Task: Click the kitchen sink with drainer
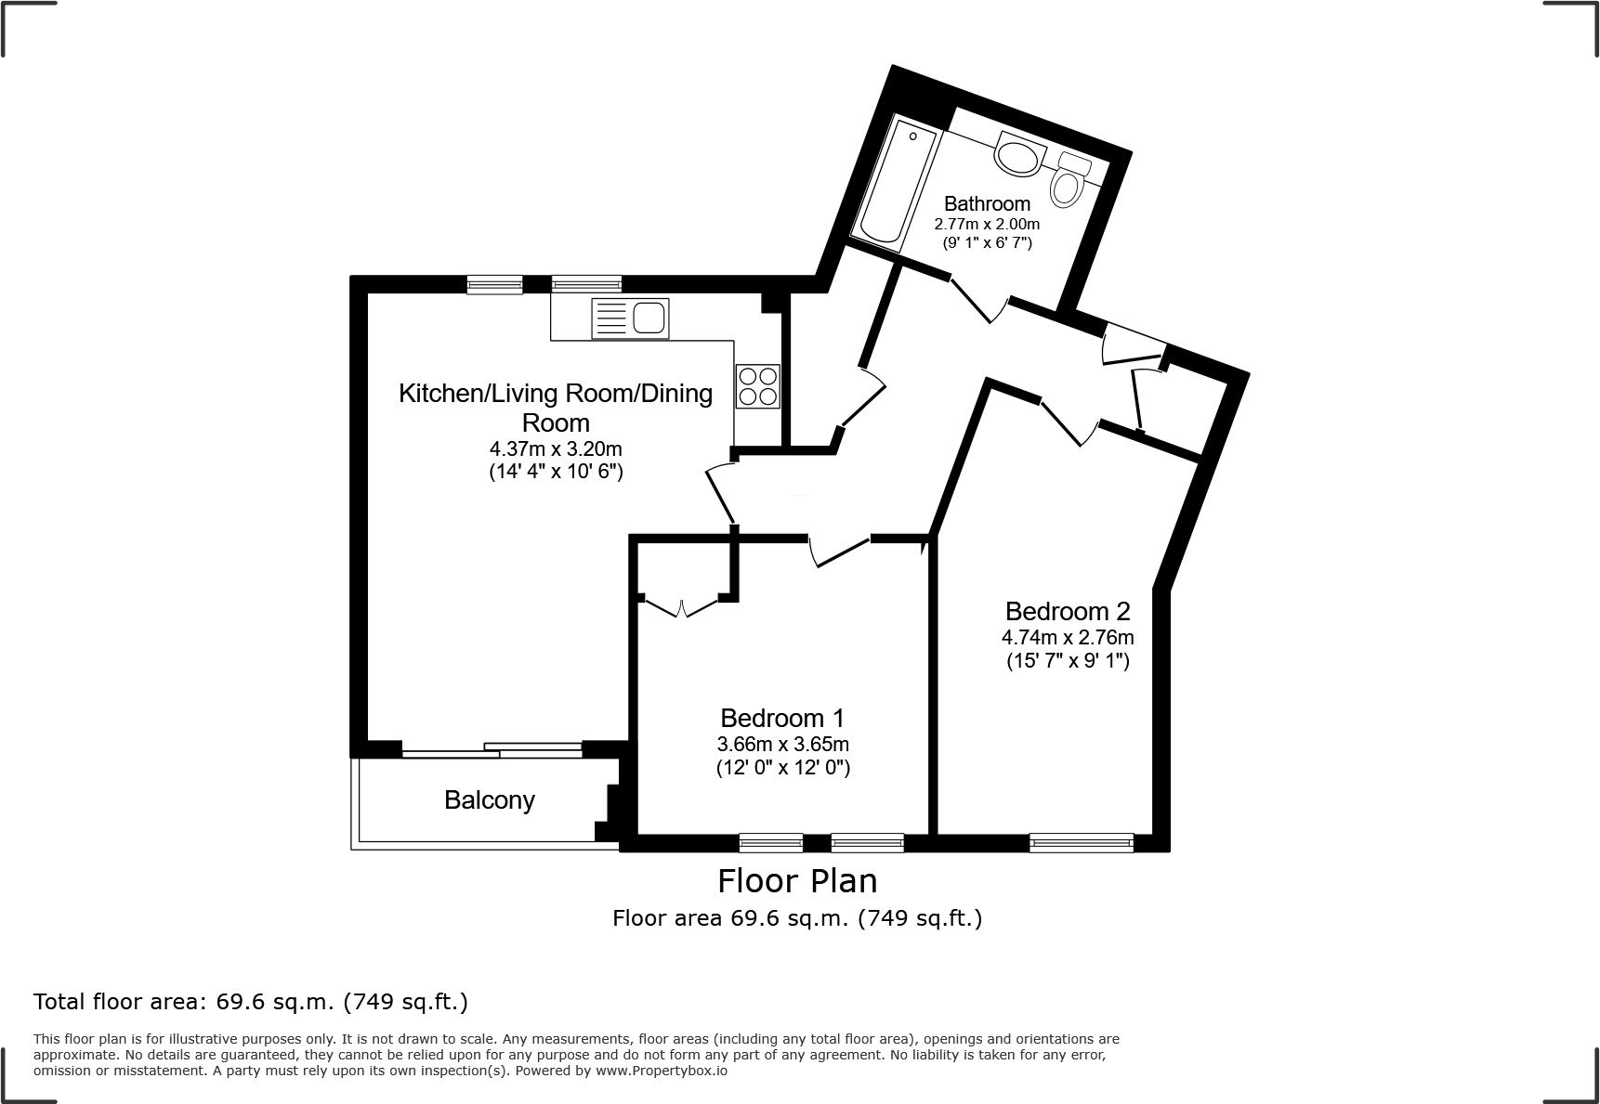630,318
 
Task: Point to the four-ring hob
757,386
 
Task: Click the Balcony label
490,800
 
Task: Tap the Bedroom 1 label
782,718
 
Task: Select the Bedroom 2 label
1068,611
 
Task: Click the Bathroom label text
987,203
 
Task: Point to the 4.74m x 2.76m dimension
1068,638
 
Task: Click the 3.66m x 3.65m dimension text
782,744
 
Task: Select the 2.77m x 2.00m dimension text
987,224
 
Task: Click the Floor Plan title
797,879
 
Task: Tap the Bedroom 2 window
1082,842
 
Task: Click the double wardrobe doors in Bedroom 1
682,608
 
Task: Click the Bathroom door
974,300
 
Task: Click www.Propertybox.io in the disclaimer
662,1071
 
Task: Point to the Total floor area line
251,1002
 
